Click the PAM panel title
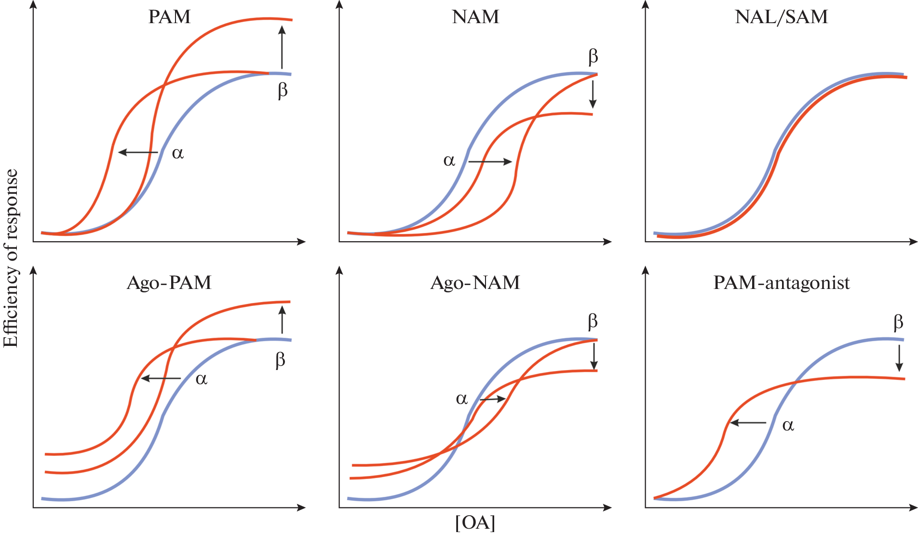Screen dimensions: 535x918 click(169, 17)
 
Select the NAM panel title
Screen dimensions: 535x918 click(475, 17)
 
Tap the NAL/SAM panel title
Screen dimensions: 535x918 click(781, 17)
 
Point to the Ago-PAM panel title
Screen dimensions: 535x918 click(169, 283)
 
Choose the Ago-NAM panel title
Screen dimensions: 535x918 click(475, 283)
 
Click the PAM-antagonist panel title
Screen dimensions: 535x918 click(781, 283)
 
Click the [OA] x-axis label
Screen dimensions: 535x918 click(475, 522)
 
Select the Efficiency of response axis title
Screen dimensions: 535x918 click(11, 258)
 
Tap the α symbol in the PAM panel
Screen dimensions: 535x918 click(177, 153)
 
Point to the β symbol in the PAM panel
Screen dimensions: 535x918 click(283, 90)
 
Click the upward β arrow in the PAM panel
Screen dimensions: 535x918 click(282, 47)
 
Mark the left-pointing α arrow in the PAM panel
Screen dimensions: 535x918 click(138, 152)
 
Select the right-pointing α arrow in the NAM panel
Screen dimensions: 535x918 click(490, 162)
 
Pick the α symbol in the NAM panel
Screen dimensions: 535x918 click(449, 160)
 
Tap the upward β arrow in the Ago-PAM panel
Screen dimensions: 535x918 click(282, 319)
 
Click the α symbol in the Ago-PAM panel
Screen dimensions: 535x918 click(201, 379)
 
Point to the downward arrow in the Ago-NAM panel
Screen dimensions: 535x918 click(594, 356)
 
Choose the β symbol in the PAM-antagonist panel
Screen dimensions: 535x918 click(898, 322)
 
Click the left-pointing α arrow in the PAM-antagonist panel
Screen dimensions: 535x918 click(748, 423)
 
